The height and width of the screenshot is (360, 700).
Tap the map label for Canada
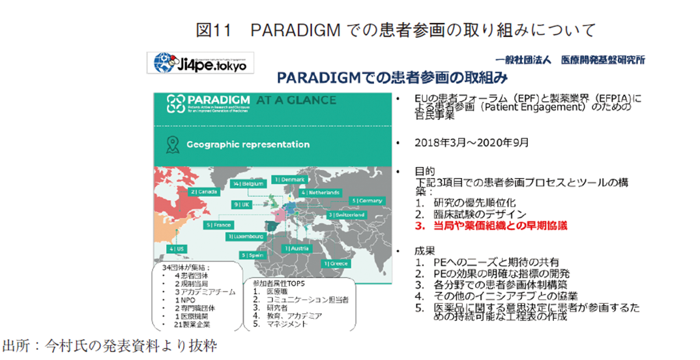pyautogui.click(x=204, y=192)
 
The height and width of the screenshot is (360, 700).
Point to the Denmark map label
pyautogui.click(x=289, y=179)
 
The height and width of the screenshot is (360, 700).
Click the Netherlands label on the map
pyautogui.click(x=320, y=193)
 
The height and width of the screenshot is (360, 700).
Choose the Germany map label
pyautogui.click(x=367, y=200)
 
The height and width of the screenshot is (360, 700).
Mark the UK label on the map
pyautogui.click(x=242, y=204)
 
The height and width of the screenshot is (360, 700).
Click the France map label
pyautogui.click(x=218, y=225)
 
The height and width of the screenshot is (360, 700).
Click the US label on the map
pyautogui.click(x=176, y=249)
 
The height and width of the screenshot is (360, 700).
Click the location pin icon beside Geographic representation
pyautogui.click(x=172, y=144)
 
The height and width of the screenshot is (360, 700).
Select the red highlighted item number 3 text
pyautogui.click(x=488, y=226)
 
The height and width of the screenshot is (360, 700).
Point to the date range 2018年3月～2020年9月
pyautogui.click(x=471, y=142)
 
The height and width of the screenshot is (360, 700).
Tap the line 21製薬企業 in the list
pyautogui.click(x=188, y=324)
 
